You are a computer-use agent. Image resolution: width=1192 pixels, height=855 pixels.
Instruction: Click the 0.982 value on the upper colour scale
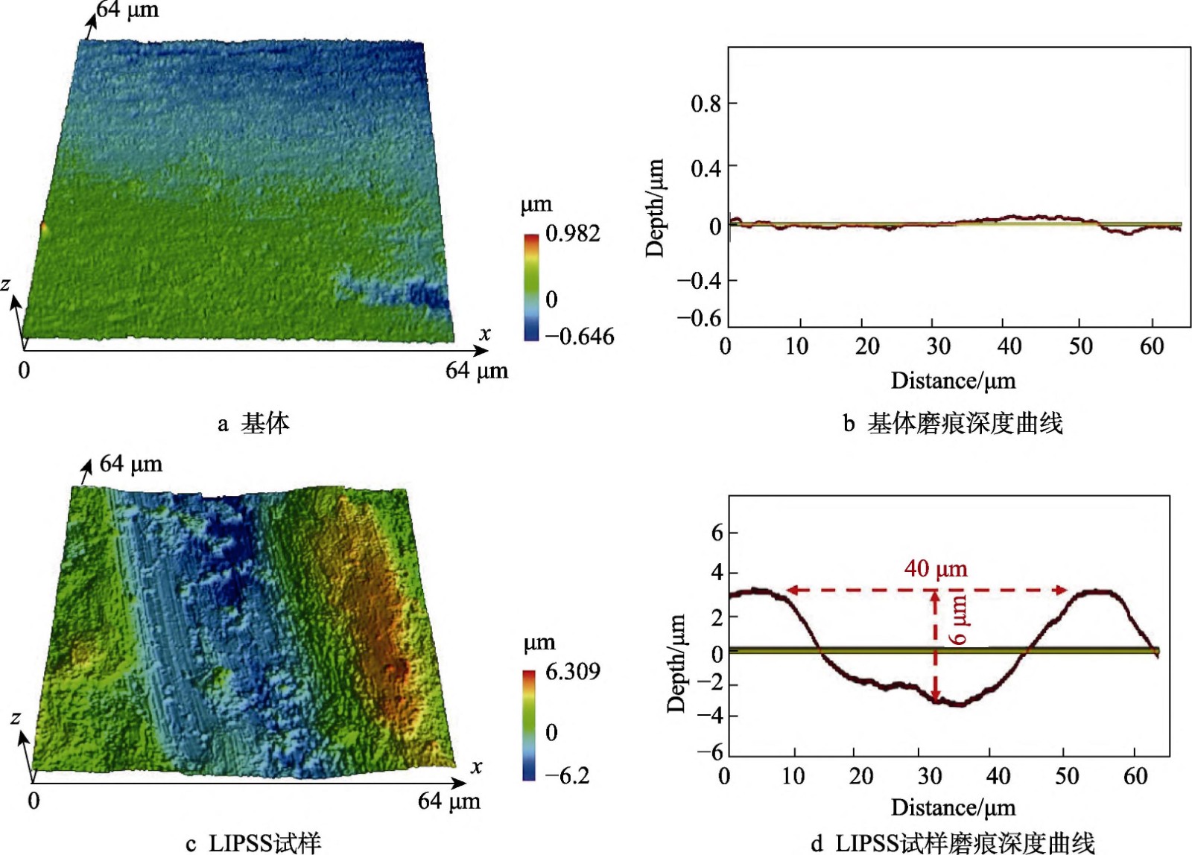[572, 234]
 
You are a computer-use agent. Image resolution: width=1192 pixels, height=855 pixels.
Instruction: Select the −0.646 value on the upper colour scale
[580, 337]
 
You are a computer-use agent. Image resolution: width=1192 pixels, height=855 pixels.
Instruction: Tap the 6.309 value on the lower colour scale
[572, 672]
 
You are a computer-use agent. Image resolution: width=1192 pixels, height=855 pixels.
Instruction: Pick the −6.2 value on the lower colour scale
[568, 776]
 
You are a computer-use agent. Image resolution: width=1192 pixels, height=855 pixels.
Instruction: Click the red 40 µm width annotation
[936, 570]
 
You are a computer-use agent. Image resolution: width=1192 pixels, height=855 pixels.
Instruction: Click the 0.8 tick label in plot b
[706, 104]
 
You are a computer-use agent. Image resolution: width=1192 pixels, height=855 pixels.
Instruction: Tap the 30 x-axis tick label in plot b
[938, 346]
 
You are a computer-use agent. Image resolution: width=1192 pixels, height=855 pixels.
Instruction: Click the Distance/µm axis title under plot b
[953, 381]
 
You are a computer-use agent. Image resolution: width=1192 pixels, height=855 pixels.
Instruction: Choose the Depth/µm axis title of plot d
[676, 664]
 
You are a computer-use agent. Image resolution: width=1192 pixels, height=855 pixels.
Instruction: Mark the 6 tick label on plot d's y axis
[717, 533]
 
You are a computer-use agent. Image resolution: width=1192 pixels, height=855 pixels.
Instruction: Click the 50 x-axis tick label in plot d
[1066, 777]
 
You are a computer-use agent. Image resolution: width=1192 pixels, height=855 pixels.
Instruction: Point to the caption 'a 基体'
[253, 424]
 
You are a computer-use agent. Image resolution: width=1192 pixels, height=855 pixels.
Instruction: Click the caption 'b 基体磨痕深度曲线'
[953, 424]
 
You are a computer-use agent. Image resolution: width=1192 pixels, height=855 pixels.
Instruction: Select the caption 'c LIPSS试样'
[253, 843]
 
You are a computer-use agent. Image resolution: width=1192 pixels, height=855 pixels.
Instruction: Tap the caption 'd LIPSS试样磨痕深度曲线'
[953, 843]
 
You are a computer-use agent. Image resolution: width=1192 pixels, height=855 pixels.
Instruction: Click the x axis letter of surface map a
[485, 334]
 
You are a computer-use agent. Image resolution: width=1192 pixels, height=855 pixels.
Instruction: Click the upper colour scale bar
[531, 287]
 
